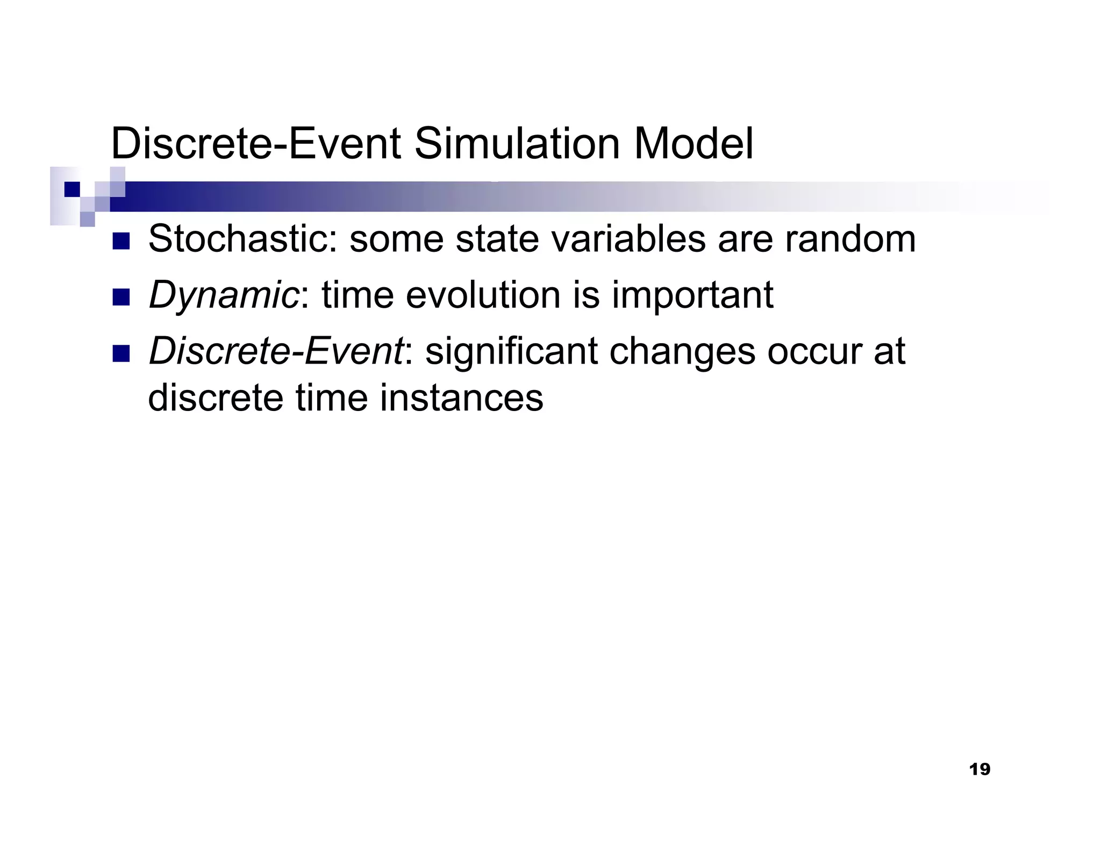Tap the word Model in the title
click(694, 144)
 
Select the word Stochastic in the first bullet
click(242, 239)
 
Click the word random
click(850, 239)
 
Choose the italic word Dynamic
click(223, 295)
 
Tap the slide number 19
click(979, 770)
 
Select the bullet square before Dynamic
click(121, 297)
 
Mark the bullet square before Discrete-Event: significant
click(121, 353)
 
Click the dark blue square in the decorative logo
click(72, 189)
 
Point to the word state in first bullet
click(497, 239)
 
